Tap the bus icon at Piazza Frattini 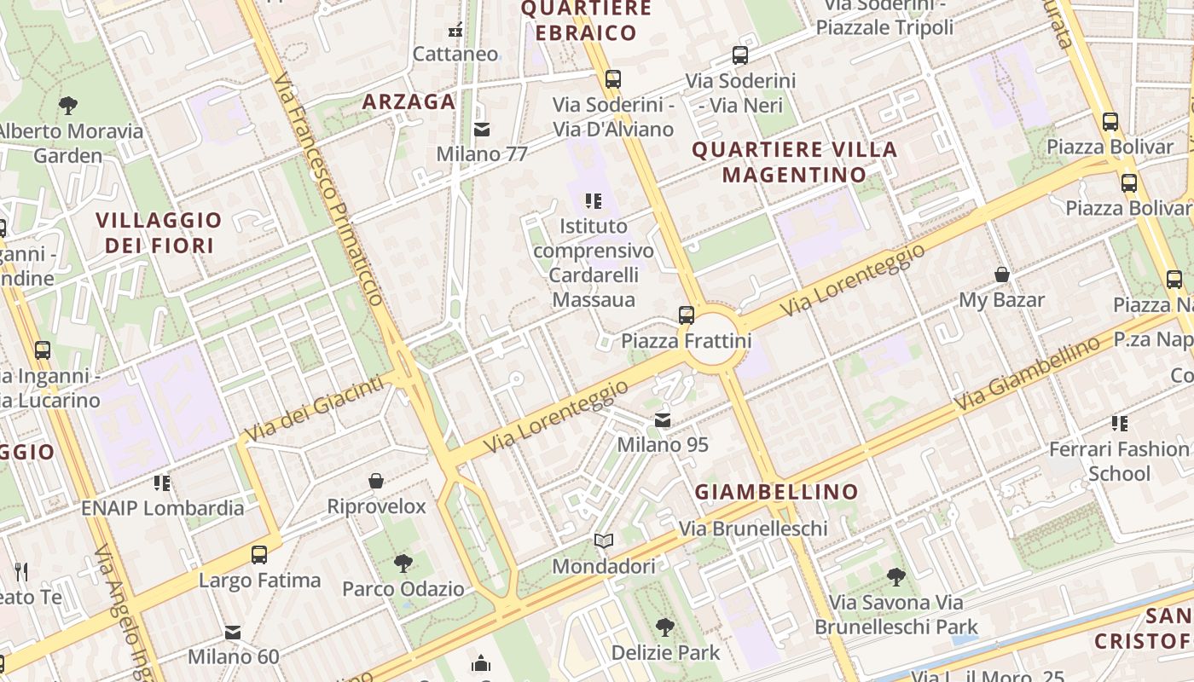[x=686, y=315]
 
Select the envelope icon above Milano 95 [x=663, y=419]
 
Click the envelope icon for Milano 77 [x=482, y=130]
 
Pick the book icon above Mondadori [x=604, y=541]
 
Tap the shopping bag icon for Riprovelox [x=376, y=482]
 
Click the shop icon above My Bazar [x=1002, y=275]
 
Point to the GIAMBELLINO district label [x=776, y=492]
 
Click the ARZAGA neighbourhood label [x=409, y=101]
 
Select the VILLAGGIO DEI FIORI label [x=159, y=233]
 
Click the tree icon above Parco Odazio [x=403, y=564]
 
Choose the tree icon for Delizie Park [x=665, y=628]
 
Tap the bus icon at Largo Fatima [x=259, y=555]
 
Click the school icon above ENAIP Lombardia [x=162, y=483]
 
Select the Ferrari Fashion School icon [x=1120, y=423]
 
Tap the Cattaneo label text [x=455, y=54]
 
